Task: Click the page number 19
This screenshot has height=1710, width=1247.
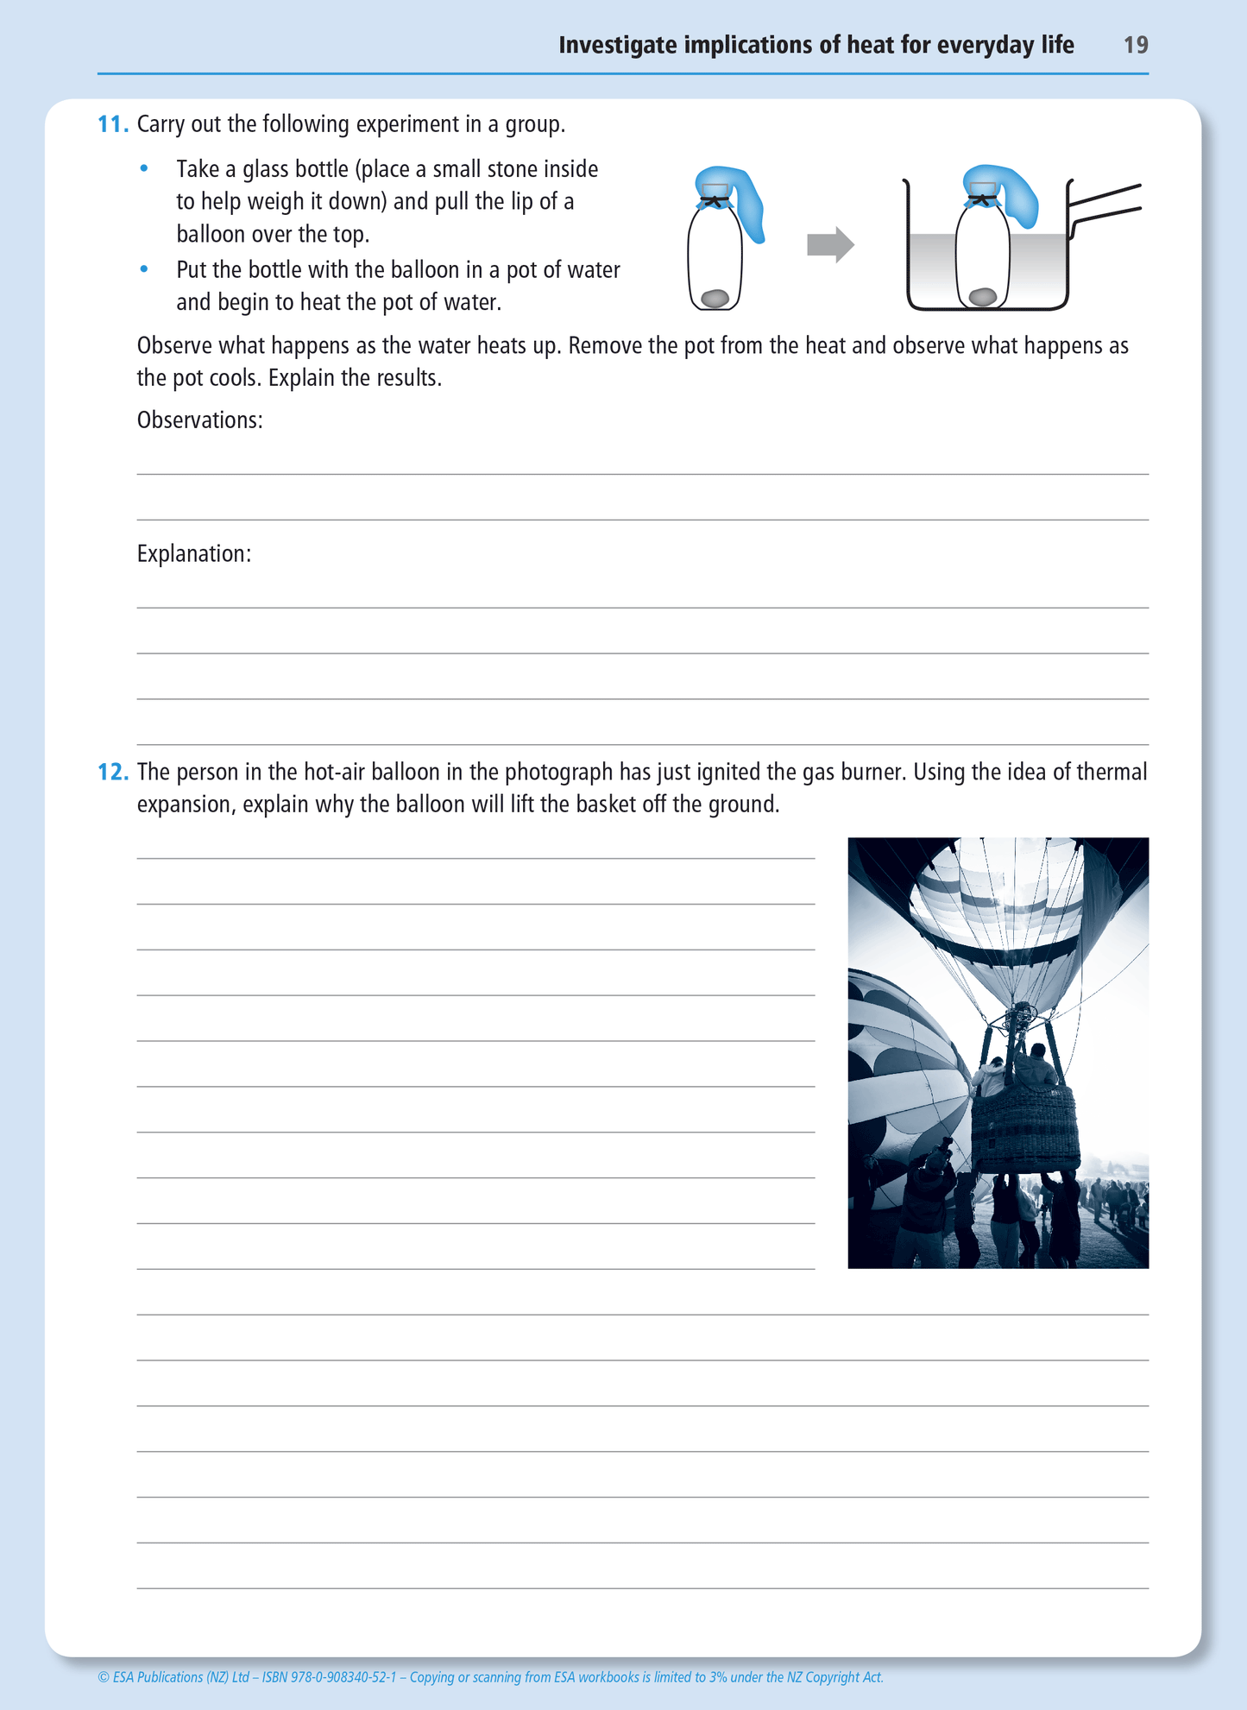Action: coord(1135,45)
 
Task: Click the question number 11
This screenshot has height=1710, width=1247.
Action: coord(112,124)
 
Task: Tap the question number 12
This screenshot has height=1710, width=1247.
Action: coord(113,772)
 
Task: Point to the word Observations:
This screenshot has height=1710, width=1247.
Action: coord(199,420)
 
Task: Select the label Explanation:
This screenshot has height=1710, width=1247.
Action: coord(194,554)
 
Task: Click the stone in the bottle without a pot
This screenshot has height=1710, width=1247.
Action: coord(715,299)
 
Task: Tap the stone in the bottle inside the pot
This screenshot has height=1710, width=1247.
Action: coord(983,297)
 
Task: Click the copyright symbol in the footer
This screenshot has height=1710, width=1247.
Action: coord(103,1677)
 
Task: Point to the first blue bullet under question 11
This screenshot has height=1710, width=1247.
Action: coord(144,168)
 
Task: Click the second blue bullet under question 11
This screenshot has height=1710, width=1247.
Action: coord(144,269)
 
